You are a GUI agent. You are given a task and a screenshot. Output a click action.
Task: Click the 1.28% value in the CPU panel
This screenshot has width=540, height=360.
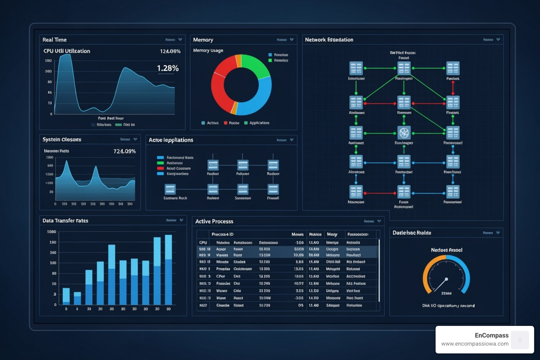tap(168, 68)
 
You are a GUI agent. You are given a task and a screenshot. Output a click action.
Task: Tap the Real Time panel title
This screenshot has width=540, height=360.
tap(54, 40)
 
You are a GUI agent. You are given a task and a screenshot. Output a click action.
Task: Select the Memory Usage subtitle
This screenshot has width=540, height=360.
tap(208, 51)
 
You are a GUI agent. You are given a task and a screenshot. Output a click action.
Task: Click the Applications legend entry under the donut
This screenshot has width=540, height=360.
tap(259, 123)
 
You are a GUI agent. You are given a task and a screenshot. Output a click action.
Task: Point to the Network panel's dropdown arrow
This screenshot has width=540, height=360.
tap(498, 40)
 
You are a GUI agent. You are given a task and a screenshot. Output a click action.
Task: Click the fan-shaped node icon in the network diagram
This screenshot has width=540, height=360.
tap(404, 133)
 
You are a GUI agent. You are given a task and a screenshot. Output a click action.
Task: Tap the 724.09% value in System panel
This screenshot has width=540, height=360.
tap(124, 151)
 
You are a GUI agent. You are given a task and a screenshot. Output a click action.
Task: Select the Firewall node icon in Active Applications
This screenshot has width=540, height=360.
tap(273, 189)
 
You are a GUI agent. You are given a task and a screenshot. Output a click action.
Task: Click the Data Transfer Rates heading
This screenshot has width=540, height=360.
tap(65, 221)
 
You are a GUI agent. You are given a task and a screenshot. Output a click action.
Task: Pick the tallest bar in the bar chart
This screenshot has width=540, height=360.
tap(168, 269)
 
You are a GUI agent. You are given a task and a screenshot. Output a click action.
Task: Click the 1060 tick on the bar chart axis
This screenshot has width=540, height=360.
tap(52, 232)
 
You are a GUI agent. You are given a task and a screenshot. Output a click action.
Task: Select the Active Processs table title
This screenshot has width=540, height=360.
tap(214, 221)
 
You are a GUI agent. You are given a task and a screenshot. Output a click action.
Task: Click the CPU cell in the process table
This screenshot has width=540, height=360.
tap(203, 243)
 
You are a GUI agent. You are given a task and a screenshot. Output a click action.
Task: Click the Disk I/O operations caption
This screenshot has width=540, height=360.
tap(448, 306)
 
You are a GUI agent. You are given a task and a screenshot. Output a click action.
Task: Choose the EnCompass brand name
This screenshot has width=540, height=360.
tap(491, 335)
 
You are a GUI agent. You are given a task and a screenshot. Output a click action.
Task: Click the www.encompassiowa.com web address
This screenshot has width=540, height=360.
tap(475, 344)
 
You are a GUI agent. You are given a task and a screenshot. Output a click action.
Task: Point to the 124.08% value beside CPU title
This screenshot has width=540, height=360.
tap(170, 51)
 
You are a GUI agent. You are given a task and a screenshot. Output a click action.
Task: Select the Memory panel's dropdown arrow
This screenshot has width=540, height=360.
tap(292, 40)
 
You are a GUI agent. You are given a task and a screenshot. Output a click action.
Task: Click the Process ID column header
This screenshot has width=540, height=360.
tap(222, 234)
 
